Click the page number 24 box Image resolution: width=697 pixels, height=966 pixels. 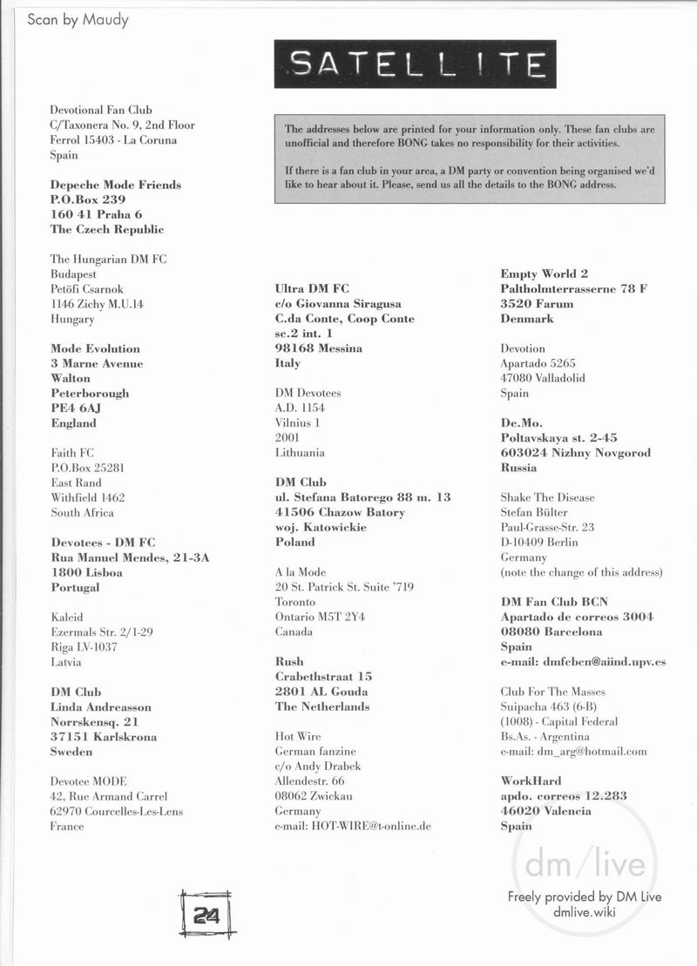click(206, 915)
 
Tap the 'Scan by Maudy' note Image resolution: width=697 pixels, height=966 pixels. click(78, 19)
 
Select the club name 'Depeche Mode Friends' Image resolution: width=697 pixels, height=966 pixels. click(116, 185)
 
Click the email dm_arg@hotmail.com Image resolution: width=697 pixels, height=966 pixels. click(573, 751)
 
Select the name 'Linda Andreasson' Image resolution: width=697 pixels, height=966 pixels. click(101, 706)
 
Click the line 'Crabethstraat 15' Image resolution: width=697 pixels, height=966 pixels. click(323, 676)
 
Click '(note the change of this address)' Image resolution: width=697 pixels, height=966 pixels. click(581, 572)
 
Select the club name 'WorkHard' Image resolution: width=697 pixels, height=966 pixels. click(531, 780)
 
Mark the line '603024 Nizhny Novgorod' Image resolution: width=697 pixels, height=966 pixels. click(575, 452)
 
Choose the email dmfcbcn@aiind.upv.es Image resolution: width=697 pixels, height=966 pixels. click(583, 661)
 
